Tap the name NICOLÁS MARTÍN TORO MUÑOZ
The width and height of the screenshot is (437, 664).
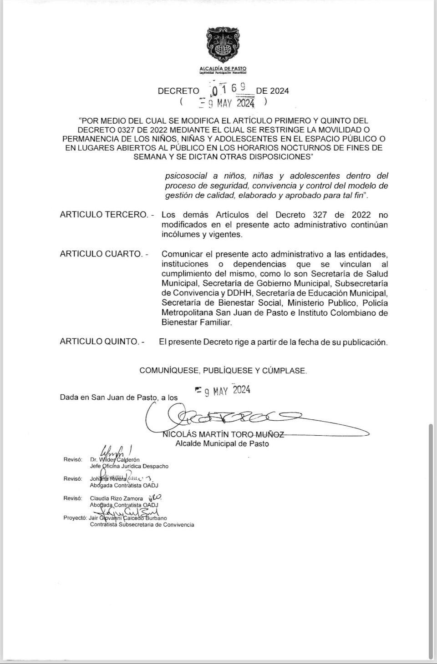pos(224,434)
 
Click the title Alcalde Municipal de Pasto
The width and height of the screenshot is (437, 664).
pos(222,443)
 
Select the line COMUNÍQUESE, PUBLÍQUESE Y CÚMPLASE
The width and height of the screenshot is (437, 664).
pos(223,371)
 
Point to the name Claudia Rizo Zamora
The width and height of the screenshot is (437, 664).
pos(117,498)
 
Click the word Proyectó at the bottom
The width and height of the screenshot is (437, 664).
pos(75,518)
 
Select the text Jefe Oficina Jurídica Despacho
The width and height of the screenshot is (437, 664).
pos(129,466)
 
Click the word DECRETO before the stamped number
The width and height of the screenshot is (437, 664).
pos(178,91)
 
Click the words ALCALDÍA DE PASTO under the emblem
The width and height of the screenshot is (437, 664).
pos(223,68)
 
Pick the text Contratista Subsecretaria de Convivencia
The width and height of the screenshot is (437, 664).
pos(142,524)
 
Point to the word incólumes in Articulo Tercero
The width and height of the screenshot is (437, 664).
pos(179,235)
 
